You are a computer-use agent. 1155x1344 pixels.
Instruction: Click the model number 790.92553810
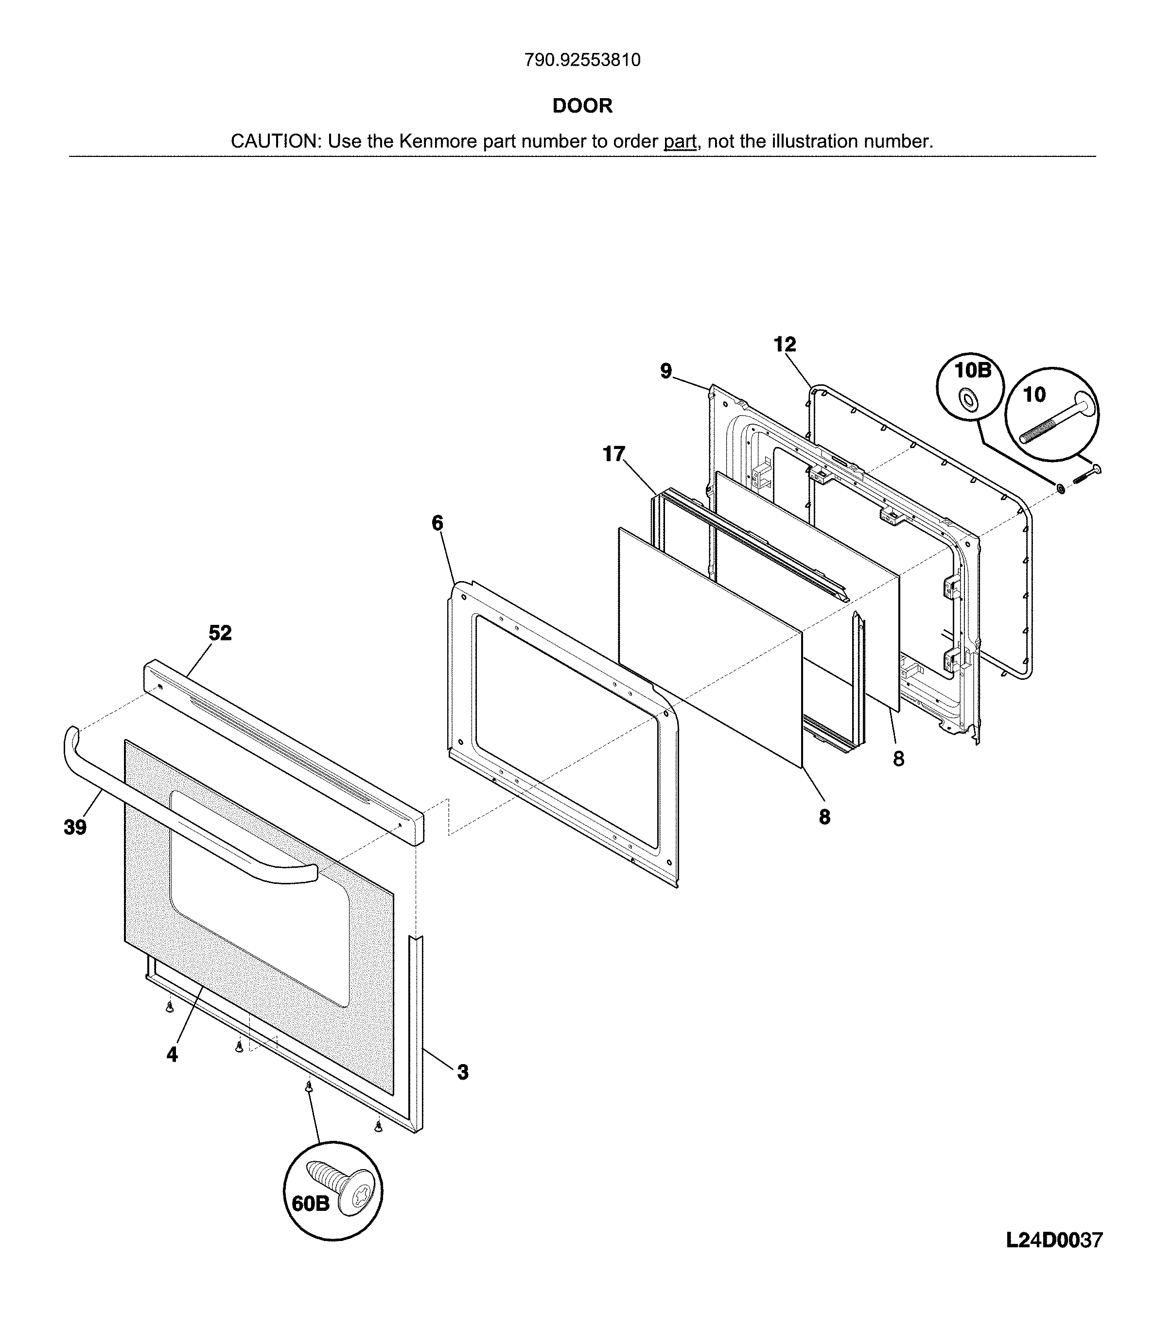tap(582, 60)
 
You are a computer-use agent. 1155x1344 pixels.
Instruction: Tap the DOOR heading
tap(582, 106)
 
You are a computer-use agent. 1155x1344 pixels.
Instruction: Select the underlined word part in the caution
tap(680, 141)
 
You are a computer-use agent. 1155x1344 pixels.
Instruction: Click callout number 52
tap(220, 633)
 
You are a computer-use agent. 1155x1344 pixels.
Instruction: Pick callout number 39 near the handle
tap(75, 827)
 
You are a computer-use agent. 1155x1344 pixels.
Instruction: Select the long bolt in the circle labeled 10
tap(1058, 423)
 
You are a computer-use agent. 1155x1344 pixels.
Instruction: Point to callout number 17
tap(613, 454)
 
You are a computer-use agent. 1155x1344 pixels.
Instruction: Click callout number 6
tap(437, 523)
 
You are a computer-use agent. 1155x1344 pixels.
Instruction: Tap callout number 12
tap(785, 345)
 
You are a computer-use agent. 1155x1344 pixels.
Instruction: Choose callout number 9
tap(666, 372)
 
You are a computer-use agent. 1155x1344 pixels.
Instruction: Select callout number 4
tap(172, 1055)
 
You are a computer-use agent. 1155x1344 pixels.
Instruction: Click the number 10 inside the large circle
tap(1034, 395)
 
